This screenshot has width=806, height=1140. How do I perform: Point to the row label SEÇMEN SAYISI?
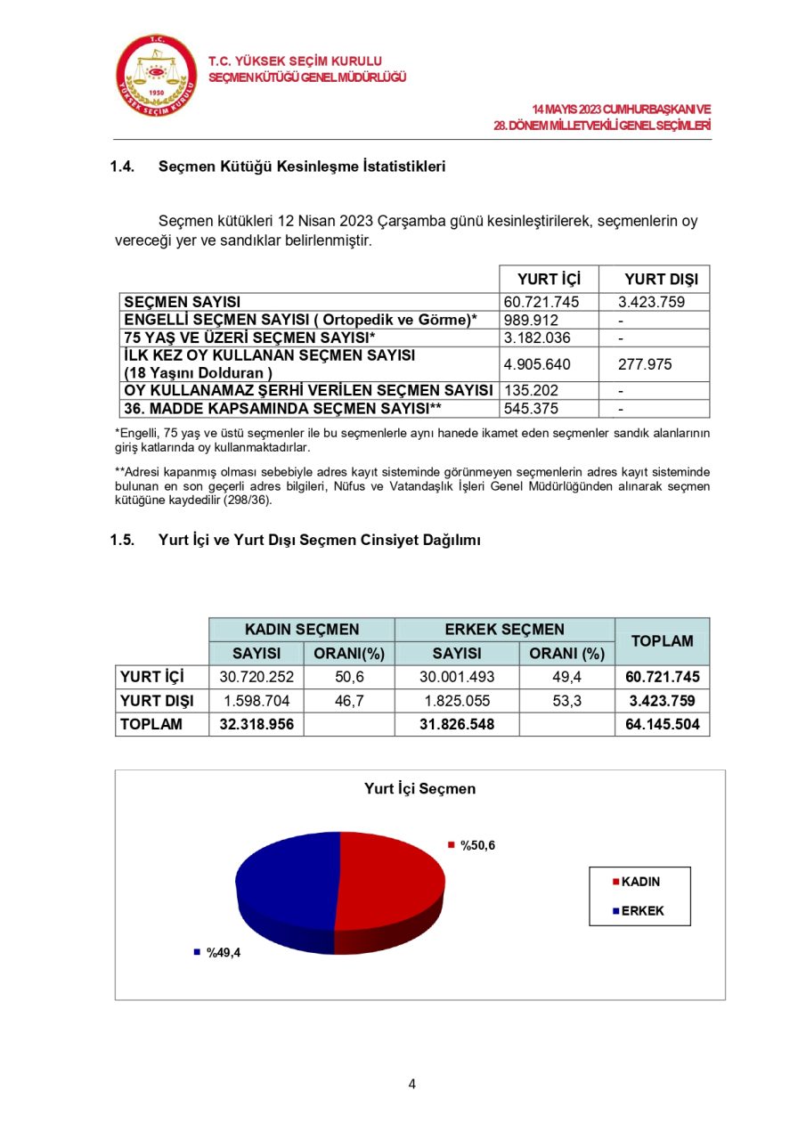(x=183, y=302)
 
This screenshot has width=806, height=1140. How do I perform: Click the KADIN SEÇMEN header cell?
(x=302, y=630)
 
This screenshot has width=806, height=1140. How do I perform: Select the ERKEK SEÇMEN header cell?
(x=504, y=630)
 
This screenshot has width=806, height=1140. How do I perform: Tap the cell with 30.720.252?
(x=256, y=677)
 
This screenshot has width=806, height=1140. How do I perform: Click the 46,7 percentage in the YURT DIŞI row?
(x=349, y=701)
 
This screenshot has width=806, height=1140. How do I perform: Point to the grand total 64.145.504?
(x=662, y=725)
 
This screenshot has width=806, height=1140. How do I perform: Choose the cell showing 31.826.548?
(x=456, y=725)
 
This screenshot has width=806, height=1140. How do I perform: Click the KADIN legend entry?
(x=640, y=883)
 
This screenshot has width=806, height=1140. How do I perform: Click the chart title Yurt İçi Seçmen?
(x=419, y=789)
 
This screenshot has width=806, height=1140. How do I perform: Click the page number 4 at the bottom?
(x=411, y=1084)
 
